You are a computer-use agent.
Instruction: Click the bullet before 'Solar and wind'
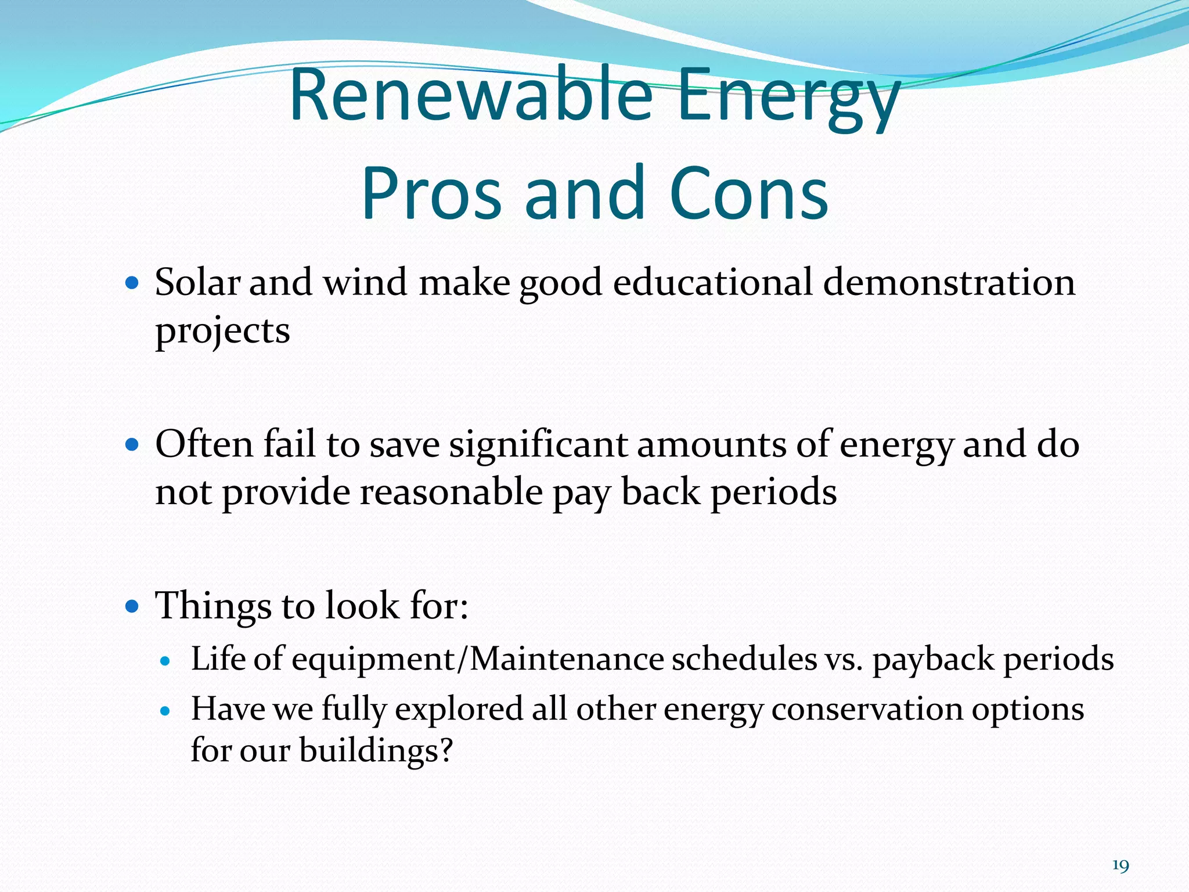(x=132, y=283)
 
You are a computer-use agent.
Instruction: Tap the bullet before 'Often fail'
(x=132, y=445)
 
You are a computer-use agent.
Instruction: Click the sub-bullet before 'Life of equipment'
(x=166, y=661)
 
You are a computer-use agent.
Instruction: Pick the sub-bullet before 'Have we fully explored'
(x=166, y=710)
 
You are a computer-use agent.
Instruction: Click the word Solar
(x=197, y=283)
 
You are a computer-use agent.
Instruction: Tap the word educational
(x=712, y=283)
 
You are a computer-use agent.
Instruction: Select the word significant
(x=538, y=444)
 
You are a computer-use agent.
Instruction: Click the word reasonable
(x=451, y=492)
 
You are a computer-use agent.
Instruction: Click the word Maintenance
(x=566, y=660)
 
